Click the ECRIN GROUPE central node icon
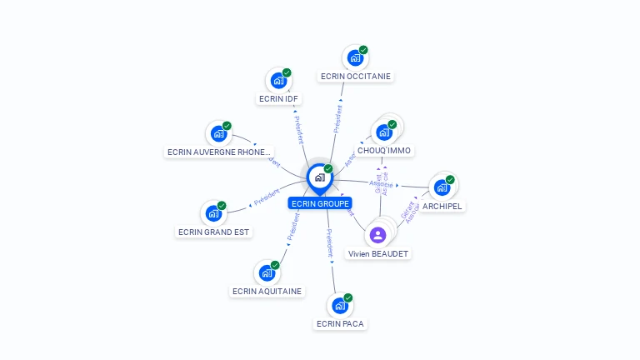pos(319,177)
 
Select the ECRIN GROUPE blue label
pos(320,202)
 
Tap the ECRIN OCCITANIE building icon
pos(355,58)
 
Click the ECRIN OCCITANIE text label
pos(356,76)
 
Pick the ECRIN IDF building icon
pos(278,81)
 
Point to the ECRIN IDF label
pos(278,98)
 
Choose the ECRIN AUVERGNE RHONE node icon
pos(218,133)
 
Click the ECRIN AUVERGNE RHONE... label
pos(219,152)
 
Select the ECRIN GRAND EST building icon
pos(213,213)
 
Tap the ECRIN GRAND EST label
pos(213,232)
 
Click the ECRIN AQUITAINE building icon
pos(267,272)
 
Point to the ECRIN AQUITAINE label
pos(267,291)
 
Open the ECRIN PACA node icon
pos(340,305)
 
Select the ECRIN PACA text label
pos(340,323)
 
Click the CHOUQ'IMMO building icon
pos(384,132)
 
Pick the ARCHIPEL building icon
pos(442,187)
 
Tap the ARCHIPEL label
pos(442,206)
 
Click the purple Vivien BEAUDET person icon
pos(378,235)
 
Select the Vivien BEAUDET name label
pos(379,253)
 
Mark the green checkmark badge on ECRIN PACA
pos(348,297)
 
